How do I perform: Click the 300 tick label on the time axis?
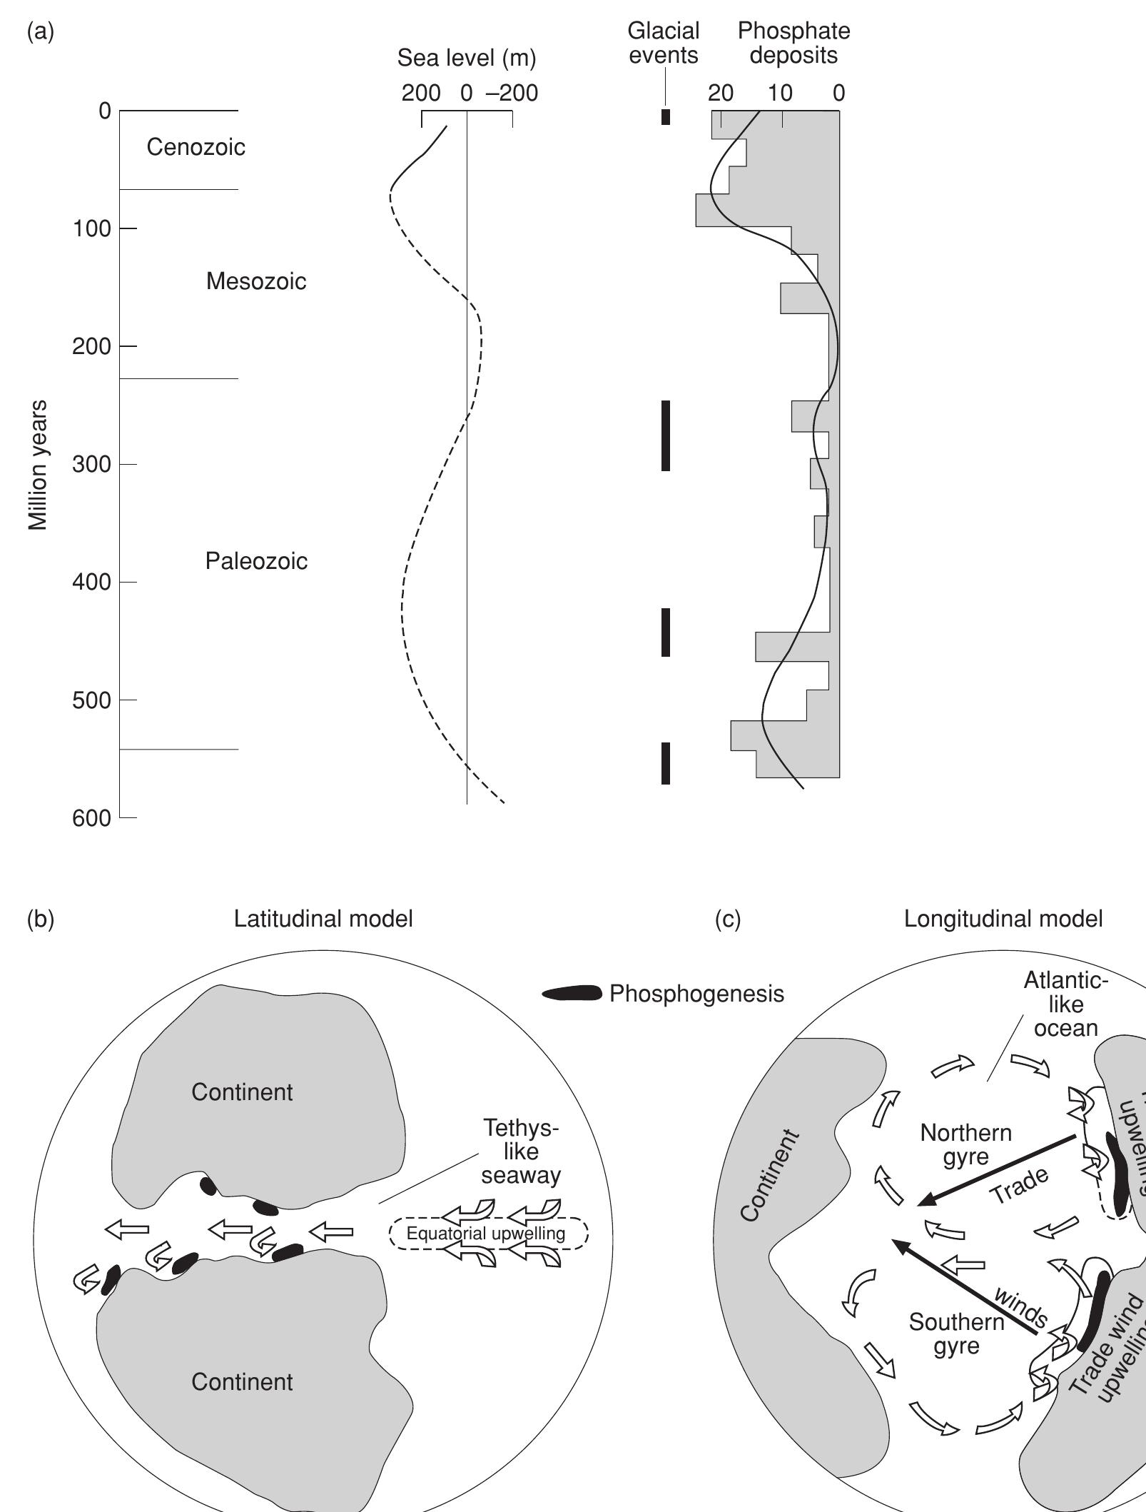pos(91,465)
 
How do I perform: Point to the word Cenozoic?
pos(196,147)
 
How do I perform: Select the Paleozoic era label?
pos(256,561)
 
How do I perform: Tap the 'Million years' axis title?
pos(39,465)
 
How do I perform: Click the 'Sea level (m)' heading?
pos(466,59)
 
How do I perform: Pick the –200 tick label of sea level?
pos(512,93)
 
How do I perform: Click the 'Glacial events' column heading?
pos(663,43)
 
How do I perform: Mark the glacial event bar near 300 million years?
pos(666,435)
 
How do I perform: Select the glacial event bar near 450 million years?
pos(666,632)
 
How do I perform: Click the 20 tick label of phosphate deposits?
pos(721,93)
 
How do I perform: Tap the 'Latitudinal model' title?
pos(323,919)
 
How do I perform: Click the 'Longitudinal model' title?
pos(1003,919)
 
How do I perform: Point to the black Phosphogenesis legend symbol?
pos(572,994)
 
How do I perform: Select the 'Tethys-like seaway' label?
pos(520,1151)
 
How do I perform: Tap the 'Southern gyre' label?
pos(956,1334)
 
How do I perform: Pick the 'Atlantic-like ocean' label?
pos(1065,1004)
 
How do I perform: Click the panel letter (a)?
pos(40,32)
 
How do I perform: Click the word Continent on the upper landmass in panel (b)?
pos(242,1092)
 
